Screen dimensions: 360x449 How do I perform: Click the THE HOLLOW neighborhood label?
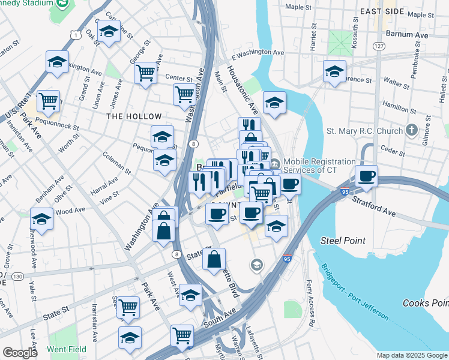point(134,116)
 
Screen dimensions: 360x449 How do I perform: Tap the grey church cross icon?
point(411,130)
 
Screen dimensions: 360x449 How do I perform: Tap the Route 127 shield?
point(378,46)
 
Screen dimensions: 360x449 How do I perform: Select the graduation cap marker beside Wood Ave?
point(41,219)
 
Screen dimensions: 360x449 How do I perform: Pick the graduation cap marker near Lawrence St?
point(334,72)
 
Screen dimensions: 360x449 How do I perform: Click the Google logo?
point(20,353)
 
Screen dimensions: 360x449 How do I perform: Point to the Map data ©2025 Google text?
point(411,355)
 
